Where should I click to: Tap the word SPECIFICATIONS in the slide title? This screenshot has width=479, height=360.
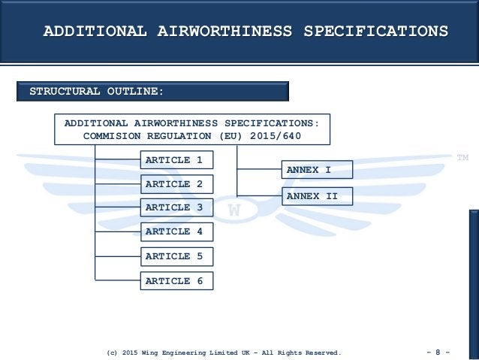pos(375,32)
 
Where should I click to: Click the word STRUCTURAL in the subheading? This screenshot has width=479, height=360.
pos(65,92)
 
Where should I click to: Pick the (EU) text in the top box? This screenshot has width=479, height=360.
pos(230,137)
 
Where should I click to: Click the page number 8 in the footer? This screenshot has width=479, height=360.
pos(437,351)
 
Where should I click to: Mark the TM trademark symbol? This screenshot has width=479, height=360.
pos(462,157)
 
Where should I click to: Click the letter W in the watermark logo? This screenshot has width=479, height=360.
pos(234,211)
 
